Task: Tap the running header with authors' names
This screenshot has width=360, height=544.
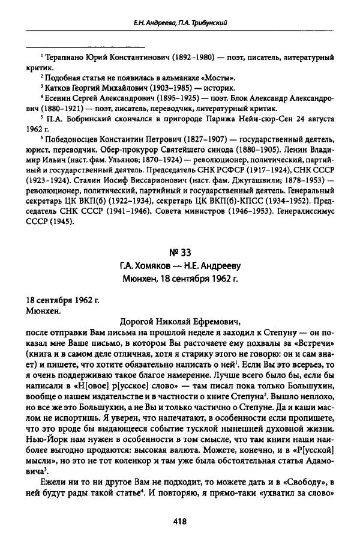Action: (180, 23)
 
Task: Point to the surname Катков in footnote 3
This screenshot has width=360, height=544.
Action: (56, 88)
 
